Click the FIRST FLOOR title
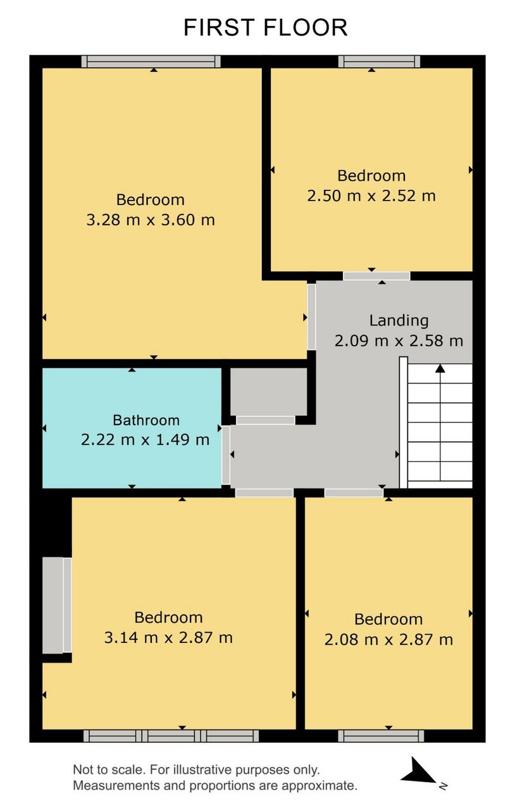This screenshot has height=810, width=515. [266, 27]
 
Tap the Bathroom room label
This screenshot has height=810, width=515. [146, 420]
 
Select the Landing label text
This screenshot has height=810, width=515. [399, 321]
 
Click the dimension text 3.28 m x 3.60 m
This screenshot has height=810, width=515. [151, 220]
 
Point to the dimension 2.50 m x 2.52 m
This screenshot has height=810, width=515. [371, 196]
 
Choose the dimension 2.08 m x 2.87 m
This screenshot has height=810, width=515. [388, 640]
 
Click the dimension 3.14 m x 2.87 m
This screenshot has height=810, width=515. [168, 637]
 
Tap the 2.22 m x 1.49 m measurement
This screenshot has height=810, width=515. [145, 440]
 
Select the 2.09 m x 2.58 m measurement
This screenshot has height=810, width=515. [399, 341]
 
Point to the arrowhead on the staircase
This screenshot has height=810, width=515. [440, 369]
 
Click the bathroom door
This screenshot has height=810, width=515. [226, 455]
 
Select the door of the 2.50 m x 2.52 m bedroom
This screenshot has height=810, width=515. [376, 277]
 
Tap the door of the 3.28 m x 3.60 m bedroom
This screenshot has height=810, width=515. [311, 317]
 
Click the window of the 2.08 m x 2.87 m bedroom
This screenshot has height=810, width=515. [381, 735]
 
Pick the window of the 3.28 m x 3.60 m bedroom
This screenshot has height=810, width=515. [151, 61]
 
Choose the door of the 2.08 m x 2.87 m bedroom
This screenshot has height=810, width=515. [354, 493]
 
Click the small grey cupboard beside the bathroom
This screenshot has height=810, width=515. [269, 392]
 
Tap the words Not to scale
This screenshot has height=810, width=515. [108, 769]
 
